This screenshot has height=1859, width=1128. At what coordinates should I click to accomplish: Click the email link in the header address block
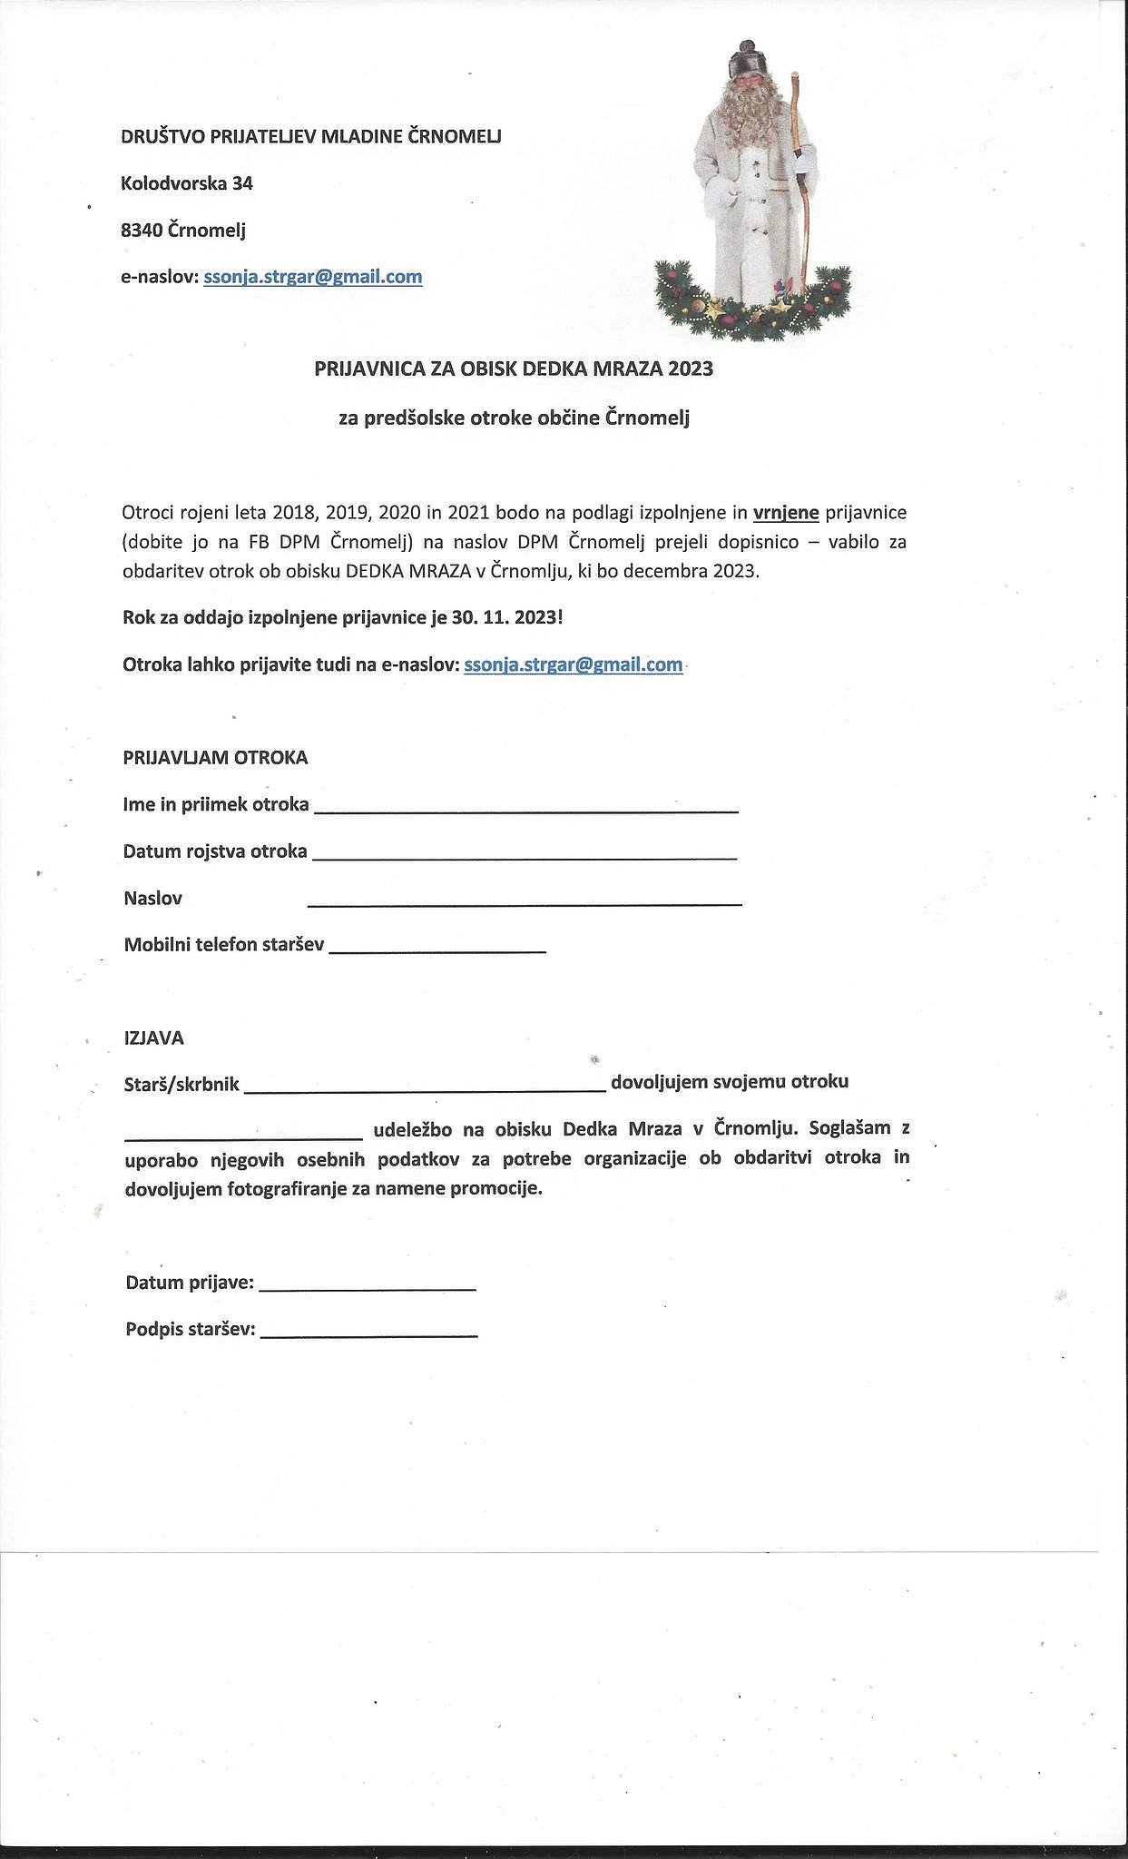[x=313, y=277]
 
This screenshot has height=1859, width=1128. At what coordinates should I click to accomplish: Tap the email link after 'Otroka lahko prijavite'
[x=573, y=664]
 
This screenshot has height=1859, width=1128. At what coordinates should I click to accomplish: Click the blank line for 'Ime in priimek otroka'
[x=525, y=807]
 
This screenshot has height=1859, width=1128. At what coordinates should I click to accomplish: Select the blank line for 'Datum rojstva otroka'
[x=524, y=854]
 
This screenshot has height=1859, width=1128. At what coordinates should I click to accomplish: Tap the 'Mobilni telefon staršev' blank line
[x=436, y=948]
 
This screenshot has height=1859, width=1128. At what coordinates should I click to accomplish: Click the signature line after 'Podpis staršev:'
[x=368, y=1333]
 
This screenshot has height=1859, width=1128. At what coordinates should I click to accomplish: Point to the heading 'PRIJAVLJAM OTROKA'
[x=216, y=757]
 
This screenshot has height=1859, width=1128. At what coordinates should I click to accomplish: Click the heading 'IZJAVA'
[x=154, y=1038]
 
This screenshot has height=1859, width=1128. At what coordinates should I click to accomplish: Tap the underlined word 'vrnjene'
[x=786, y=513]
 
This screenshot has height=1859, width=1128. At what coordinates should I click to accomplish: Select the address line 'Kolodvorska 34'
[x=187, y=183]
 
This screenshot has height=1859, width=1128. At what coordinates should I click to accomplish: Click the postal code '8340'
[x=142, y=231]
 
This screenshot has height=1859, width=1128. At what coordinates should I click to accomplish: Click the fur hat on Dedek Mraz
[x=747, y=62]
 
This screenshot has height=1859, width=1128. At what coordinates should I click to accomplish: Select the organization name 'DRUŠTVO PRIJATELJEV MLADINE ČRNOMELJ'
[x=311, y=136]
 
